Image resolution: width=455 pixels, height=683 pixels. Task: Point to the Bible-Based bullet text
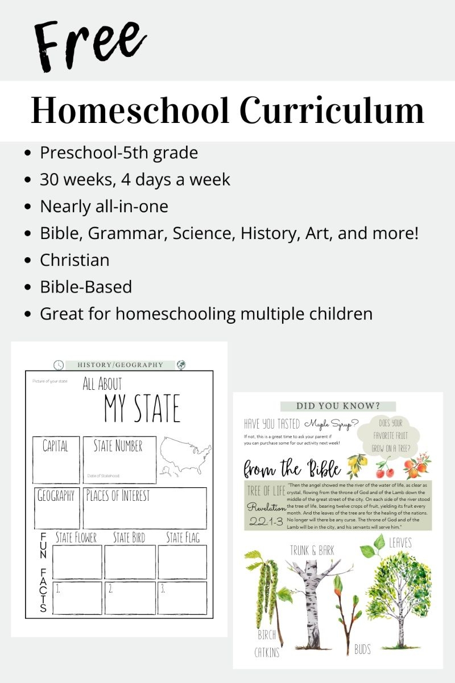pyautogui.click(x=85, y=287)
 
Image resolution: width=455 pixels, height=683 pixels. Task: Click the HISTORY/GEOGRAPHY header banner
pyautogui.click(x=120, y=365)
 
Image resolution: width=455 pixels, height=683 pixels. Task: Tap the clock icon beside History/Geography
pyautogui.click(x=59, y=365)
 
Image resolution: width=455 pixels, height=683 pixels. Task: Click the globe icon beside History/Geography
pyautogui.click(x=182, y=365)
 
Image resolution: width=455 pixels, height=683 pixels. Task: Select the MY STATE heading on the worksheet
pyautogui.click(x=142, y=408)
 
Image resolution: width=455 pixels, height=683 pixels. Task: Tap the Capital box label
pyautogui.click(x=55, y=446)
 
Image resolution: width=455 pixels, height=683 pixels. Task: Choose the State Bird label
pyautogui.click(x=129, y=537)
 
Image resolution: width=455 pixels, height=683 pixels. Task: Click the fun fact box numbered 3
pyautogui.click(x=182, y=598)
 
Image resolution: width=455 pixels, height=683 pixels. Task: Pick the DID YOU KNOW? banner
pyautogui.click(x=338, y=406)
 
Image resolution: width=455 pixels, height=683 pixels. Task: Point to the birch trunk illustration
pyautogui.click(x=311, y=603)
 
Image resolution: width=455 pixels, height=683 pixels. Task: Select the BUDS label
pyautogui.click(x=363, y=649)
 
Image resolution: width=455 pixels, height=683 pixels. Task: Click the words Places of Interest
pyautogui.click(x=118, y=496)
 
